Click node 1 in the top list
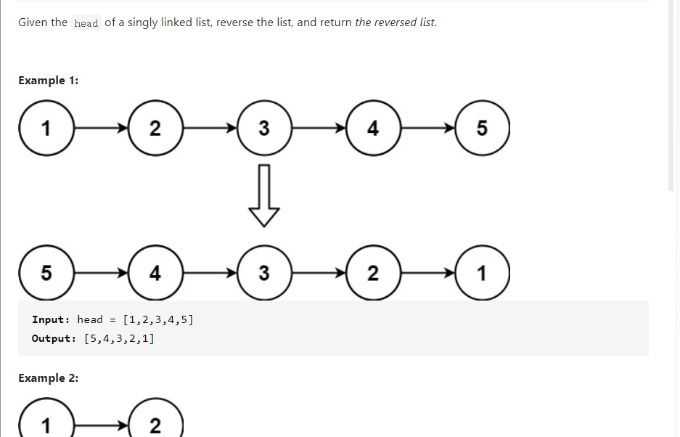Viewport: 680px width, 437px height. click(x=46, y=128)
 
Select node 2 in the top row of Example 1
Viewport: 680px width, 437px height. click(x=155, y=128)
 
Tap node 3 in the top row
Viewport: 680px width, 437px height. click(x=264, y=128)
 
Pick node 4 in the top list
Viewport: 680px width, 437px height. click(x=373, y=128)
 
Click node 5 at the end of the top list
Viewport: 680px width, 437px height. click(x=483, y=128)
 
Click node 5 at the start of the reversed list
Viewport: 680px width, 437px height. click(x=46, y=274)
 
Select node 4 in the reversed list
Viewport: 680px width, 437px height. click(x=155, y=274)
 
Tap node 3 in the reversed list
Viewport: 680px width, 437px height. click(x=264, y=274)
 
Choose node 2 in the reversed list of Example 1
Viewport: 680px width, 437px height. click(x=373, y=274)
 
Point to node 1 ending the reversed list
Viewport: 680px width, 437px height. click(x=483, y=274)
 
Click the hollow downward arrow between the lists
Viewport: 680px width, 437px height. click(x=264, y=195)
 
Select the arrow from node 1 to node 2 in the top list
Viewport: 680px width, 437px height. click(x=100, y=128)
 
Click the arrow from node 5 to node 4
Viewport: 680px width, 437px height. click(x=100, y=274)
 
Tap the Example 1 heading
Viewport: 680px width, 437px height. click(x=49, y=81)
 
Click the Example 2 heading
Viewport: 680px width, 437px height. click(x=49, y=378)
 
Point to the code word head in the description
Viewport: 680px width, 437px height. click(x=86, y=23)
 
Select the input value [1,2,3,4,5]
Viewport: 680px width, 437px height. click(x=158, y=319)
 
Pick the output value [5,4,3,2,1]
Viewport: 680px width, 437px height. click(x=119, y=338)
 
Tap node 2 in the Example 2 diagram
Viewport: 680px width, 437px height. click(x=155, y=425)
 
